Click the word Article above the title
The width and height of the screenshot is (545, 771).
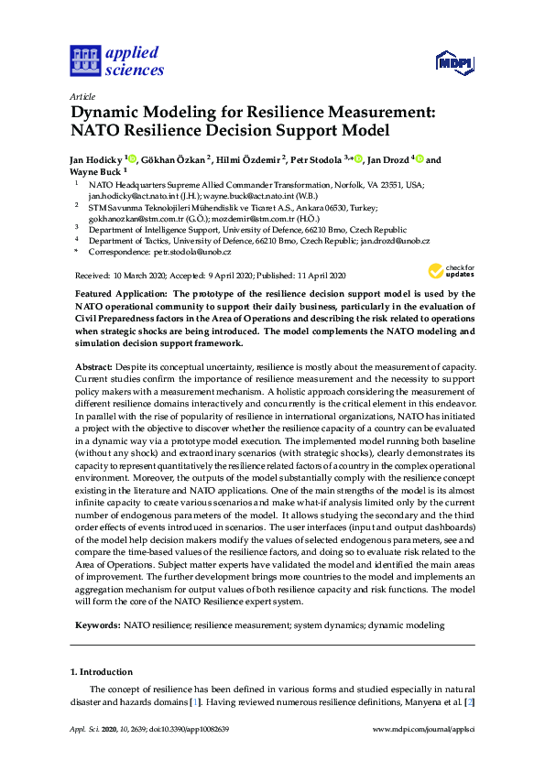click(82, 94)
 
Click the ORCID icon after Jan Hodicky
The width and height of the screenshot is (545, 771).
click(132, 158)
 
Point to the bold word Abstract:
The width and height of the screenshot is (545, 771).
click(93, 366)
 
